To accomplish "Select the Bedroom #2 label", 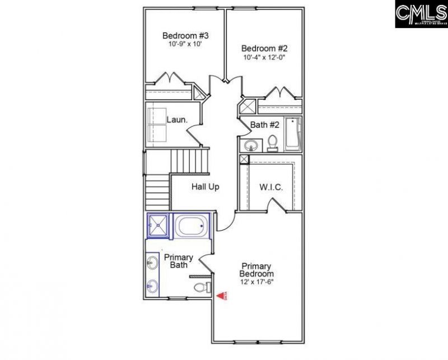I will (260, 48).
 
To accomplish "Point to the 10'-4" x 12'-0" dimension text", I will (261, 57).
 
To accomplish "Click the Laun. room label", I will (176, 119).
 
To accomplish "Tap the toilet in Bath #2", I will (273, 143).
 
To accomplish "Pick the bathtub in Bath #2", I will (293, 134).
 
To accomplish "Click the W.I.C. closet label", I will (271, 186).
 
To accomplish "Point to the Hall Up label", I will (205, 186).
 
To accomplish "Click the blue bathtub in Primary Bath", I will (192, 226).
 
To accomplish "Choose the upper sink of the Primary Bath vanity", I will (152, 261).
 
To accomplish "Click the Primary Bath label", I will (179, 261).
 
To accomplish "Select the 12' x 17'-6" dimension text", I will (257, 282).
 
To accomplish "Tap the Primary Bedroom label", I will (256, 270).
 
